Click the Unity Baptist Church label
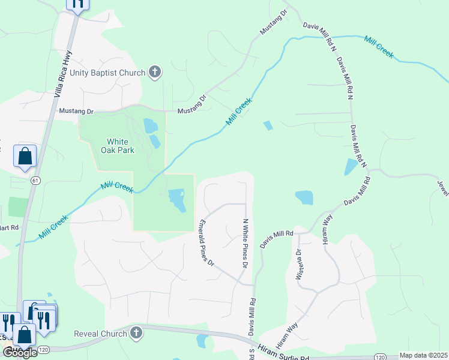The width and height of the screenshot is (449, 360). [107, 73]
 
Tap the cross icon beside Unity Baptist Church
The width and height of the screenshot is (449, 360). [155, 73]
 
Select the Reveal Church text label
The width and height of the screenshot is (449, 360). [100, 334]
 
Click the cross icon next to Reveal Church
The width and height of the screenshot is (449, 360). [137, 333]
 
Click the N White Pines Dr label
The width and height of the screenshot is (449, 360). [244, 235]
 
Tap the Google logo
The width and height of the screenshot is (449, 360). [19, 353]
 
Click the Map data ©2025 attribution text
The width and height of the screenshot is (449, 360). [424, 356]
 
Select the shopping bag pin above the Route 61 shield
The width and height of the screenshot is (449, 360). [25, 156]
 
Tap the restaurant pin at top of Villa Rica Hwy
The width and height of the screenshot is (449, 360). [77, 4]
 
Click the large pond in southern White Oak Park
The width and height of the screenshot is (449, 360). [176, 200]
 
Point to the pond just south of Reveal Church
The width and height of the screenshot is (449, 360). [202, 341]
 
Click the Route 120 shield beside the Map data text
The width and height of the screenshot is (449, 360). [379, 356]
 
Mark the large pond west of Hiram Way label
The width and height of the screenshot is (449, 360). [304, 197]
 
